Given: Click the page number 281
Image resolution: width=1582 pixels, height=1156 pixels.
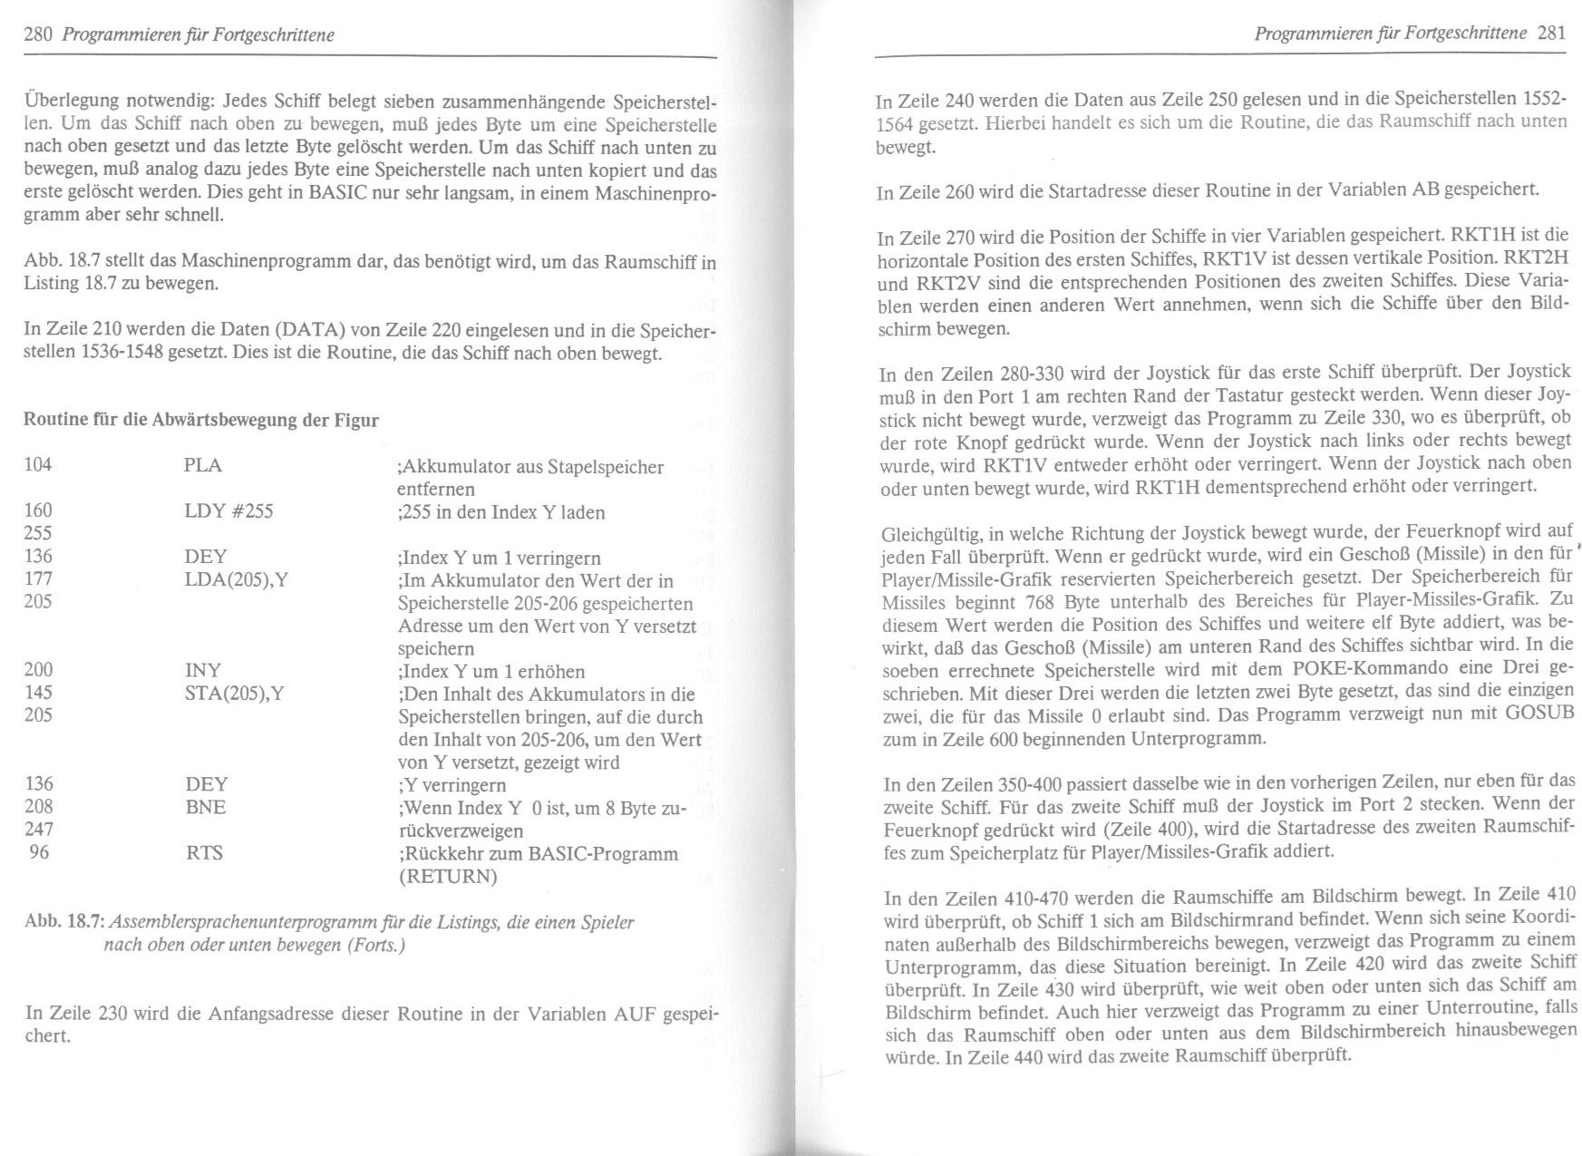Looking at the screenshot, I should tap(1552, 34).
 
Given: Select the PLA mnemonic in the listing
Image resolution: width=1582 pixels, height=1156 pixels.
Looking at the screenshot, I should tap(202, 465).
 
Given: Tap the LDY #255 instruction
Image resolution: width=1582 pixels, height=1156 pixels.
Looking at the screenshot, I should tap(228, 511).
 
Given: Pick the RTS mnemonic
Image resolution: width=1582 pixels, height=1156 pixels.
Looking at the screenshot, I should tap(203, 852).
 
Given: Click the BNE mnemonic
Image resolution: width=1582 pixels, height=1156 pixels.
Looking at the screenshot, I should tap(205, 807).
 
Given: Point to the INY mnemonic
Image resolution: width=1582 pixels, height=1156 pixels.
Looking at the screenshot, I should tap(202, 670).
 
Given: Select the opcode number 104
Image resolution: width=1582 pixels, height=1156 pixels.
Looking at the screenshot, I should tap(38, 465).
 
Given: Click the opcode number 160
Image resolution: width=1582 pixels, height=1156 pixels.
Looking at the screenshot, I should tap(38, 510).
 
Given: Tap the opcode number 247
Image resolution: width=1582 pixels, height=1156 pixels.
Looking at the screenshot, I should tap(38, 830).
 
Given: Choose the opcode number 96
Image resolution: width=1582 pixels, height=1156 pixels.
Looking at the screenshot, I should tap(40, 852).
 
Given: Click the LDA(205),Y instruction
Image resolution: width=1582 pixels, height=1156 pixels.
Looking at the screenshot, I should tap(236, 579).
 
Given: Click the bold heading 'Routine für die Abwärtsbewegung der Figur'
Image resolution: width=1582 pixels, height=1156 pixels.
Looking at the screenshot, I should tap(200, 420).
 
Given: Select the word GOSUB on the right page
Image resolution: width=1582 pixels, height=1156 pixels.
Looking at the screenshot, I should tap(1538, 714).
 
